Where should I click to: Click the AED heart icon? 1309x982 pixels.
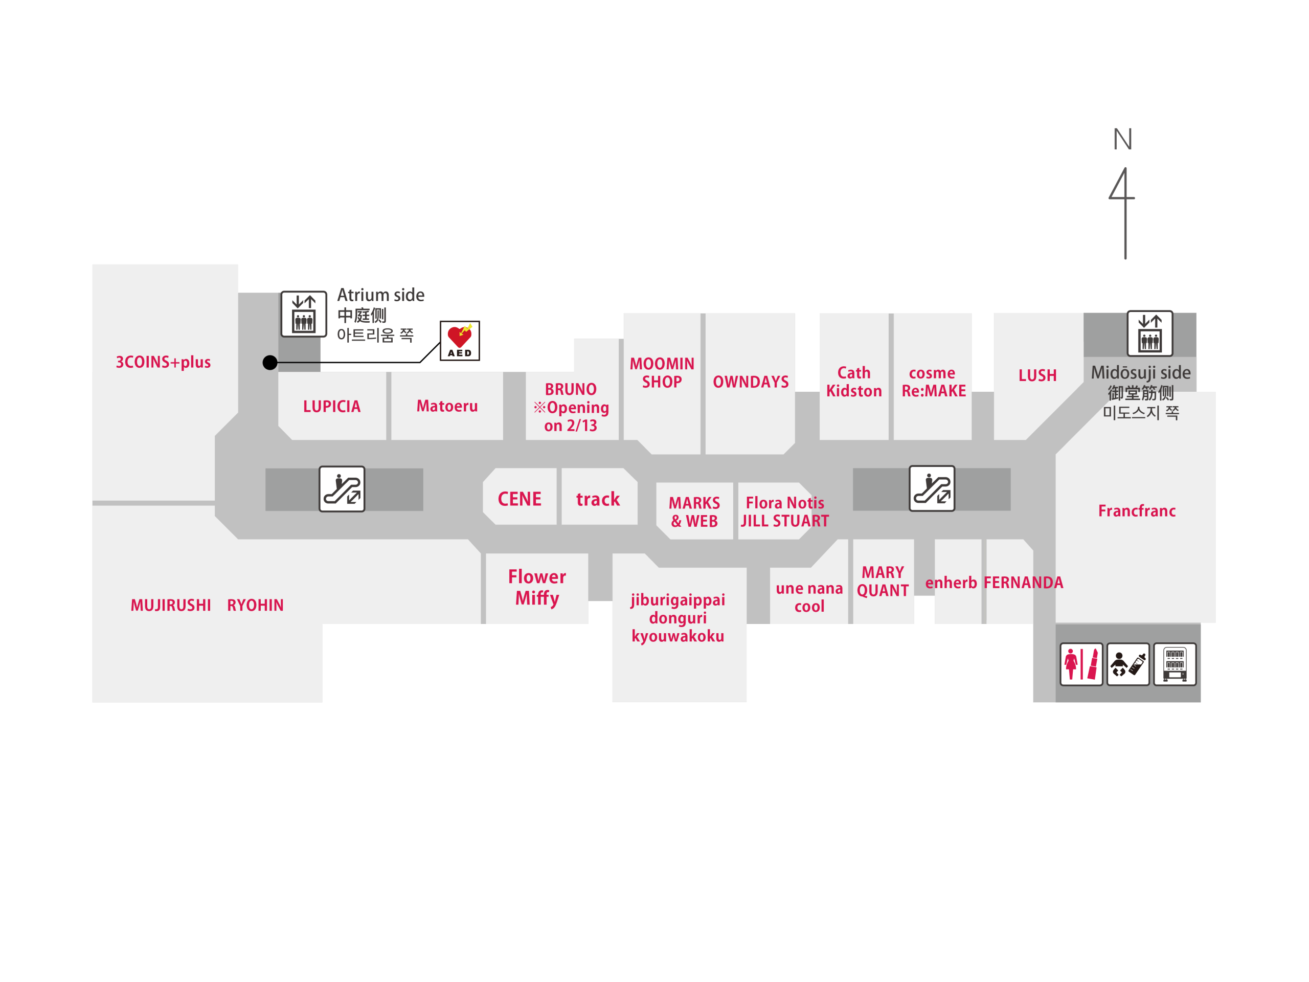459,340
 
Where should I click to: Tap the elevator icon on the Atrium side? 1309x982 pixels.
304,314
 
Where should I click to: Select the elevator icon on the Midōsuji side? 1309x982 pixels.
1149,333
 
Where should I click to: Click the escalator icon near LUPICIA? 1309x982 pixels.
342,489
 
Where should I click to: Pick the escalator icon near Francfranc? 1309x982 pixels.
932,489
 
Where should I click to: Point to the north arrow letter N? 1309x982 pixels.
1122,140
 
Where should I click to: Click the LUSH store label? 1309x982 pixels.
1037,375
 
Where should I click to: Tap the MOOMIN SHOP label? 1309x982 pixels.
662,373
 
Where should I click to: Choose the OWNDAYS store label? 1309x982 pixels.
750,382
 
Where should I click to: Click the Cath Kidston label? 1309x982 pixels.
853,382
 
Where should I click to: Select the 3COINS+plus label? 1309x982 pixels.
163,362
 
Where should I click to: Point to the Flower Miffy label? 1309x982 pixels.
537,587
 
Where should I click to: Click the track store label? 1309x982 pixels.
598,499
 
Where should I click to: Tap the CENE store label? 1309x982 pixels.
519,499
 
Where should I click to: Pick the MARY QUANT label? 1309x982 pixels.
883,581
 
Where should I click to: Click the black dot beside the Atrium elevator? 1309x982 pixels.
270,362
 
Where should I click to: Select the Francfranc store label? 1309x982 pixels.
1136,511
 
